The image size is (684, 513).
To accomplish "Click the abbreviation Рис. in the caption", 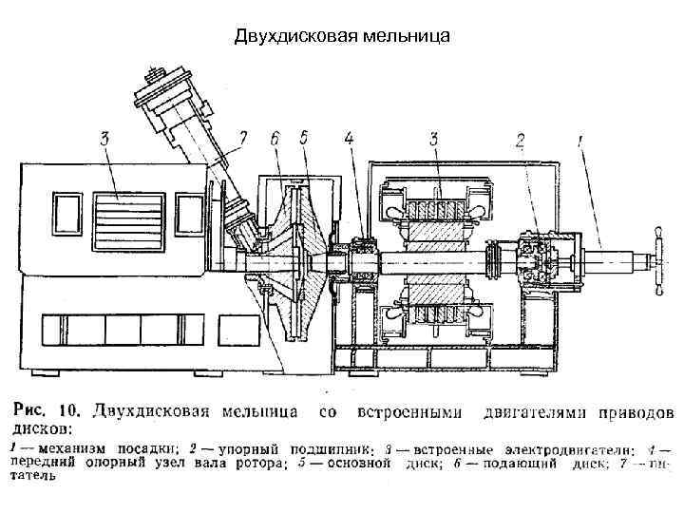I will pyautogui.click(x=30, y=413).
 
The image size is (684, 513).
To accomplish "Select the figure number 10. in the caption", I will pyautogui.click(x=70, y=413).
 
